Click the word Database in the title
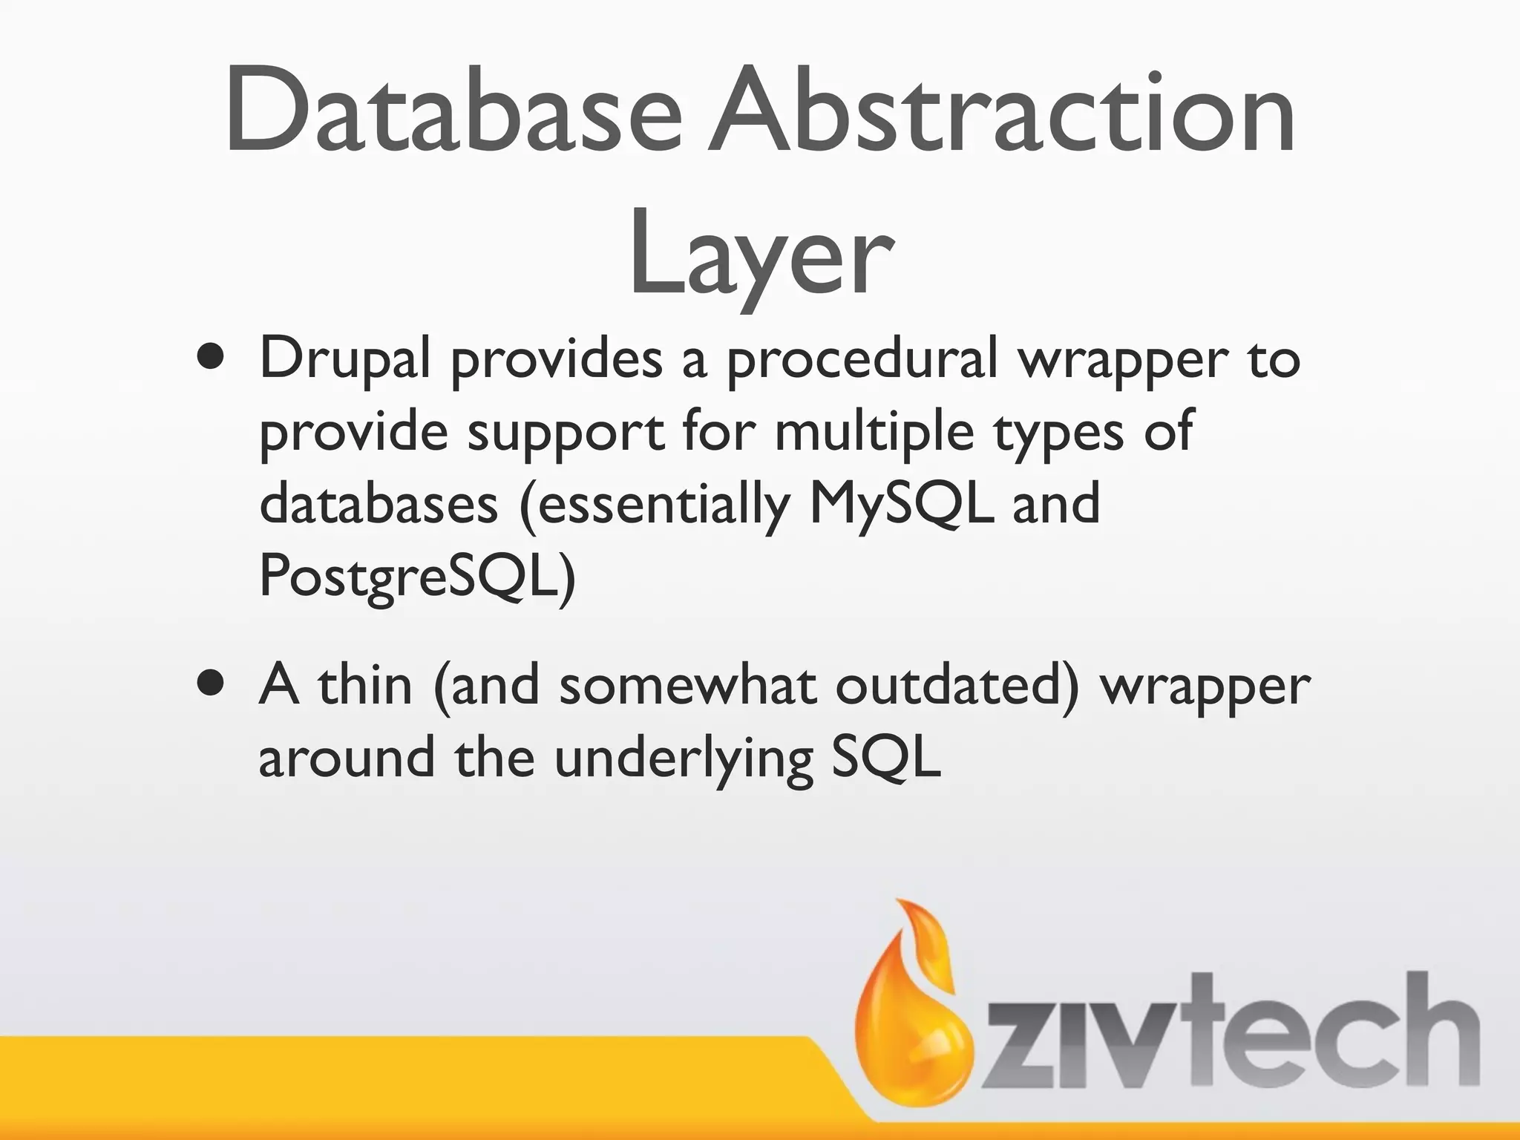point(453,111)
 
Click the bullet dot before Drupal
point(212,357)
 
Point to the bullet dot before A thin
point(212,684)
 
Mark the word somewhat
point(687,684)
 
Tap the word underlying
point(683,759)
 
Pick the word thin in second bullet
point(364,684)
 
